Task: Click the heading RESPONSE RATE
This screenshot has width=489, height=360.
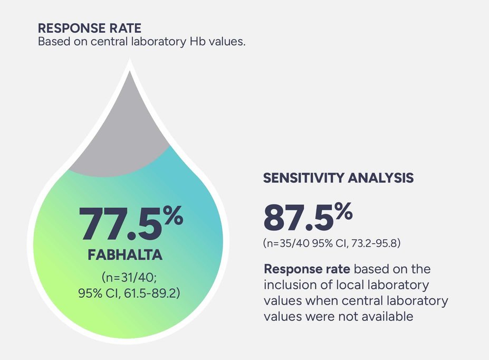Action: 90,29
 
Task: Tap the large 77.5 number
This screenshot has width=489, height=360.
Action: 119,224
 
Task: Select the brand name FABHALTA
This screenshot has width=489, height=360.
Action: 125,255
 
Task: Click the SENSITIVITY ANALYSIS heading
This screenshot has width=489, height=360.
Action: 338,178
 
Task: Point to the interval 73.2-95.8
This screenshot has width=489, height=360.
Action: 379,243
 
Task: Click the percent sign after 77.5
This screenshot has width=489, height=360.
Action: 172,216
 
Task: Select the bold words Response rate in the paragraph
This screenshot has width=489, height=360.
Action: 306,269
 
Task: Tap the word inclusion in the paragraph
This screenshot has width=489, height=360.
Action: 287,285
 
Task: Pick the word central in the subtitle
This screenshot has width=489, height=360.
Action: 103,42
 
